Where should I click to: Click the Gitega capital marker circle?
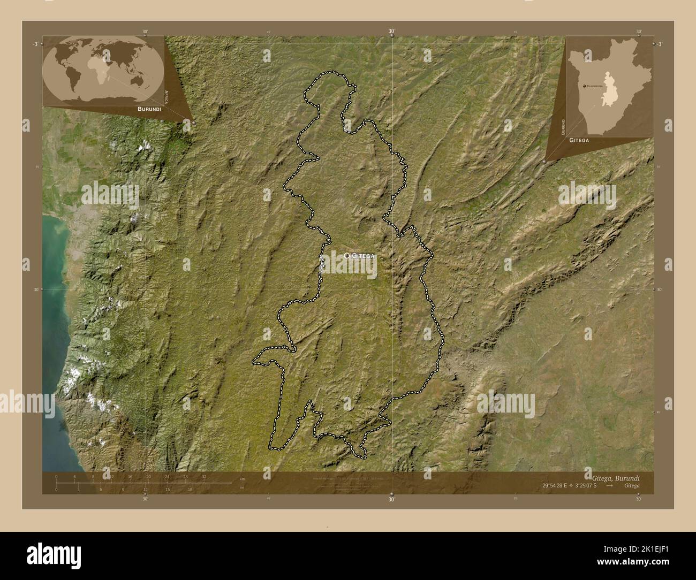(347, 256)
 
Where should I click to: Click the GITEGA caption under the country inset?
(579, 140)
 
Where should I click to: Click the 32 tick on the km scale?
(204, 476)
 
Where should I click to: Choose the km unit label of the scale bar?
(242, 478)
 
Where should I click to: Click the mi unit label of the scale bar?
(242, 487)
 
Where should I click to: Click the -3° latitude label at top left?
(35, 44)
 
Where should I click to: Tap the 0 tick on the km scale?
(56, 476)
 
